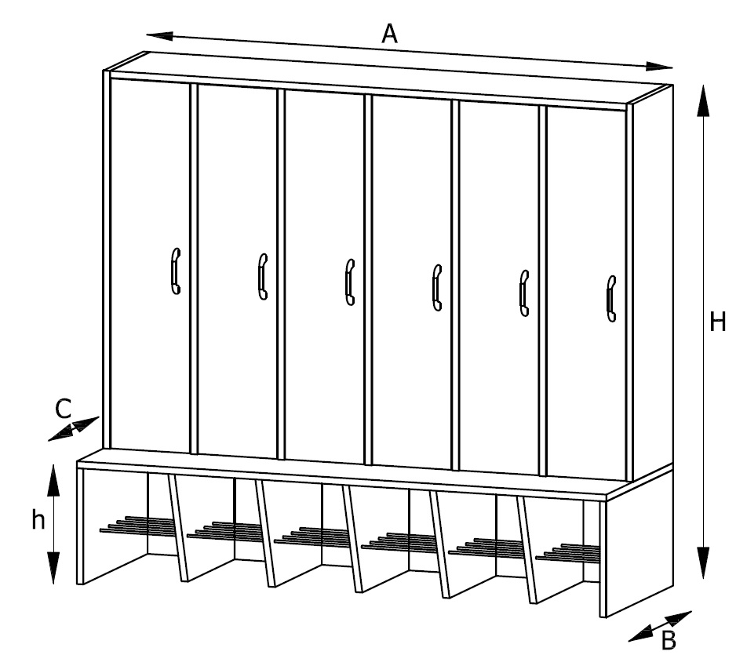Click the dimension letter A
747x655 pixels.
389,35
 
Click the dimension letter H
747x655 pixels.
717,322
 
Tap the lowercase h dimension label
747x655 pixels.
38,519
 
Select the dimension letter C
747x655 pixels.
63,409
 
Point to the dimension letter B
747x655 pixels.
669,640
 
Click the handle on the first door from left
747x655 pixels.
175,271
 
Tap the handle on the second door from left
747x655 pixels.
263,276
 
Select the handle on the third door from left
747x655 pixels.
350,282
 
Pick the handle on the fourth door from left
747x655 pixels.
437,288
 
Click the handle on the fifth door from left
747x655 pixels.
524,293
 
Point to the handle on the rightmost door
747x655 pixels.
611,299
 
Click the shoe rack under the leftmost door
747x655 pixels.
138,525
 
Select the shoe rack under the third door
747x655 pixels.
312,536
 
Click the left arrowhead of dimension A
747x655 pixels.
159,36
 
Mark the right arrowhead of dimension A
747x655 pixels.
659,66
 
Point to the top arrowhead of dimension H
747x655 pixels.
703,100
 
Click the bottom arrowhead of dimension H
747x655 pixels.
703,563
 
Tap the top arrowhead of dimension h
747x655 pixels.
53,480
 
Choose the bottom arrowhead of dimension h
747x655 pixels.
53,568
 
